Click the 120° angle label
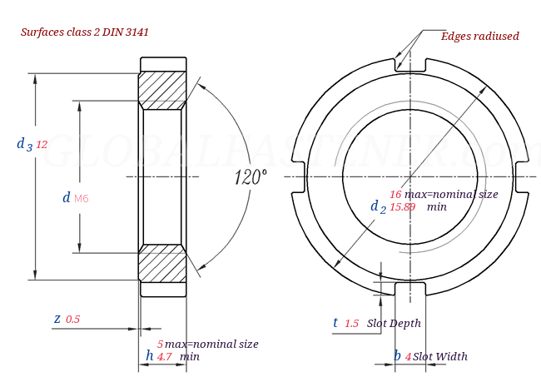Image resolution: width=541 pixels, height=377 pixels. coord(251,177)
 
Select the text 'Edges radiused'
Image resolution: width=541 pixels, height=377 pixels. coord(479,36)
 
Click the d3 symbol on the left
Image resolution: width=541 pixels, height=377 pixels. coord(24,144)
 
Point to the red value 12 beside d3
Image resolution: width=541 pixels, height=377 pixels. coord(42,145)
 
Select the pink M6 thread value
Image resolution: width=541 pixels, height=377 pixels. coord(81,198)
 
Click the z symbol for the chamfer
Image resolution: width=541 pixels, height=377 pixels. coord(57,319)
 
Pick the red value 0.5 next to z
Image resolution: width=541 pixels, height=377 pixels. coord(72,320)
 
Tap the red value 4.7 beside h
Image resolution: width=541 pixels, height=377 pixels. coord(164,356)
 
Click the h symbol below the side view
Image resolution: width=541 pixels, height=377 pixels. coord(149,355)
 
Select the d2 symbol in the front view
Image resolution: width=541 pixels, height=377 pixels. coord(378,206)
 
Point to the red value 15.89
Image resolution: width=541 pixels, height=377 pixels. coord(402,206)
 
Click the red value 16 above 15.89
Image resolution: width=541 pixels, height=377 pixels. coord(395,194)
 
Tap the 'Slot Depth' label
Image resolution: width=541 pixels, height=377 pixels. coord(394,323)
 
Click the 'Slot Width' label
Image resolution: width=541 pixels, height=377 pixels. coord(440,356)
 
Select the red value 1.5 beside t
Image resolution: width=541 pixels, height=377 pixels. coord(351,324)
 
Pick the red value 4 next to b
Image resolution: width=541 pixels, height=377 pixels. coord(408,356)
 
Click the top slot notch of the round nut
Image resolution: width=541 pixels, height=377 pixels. coord(409,64)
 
